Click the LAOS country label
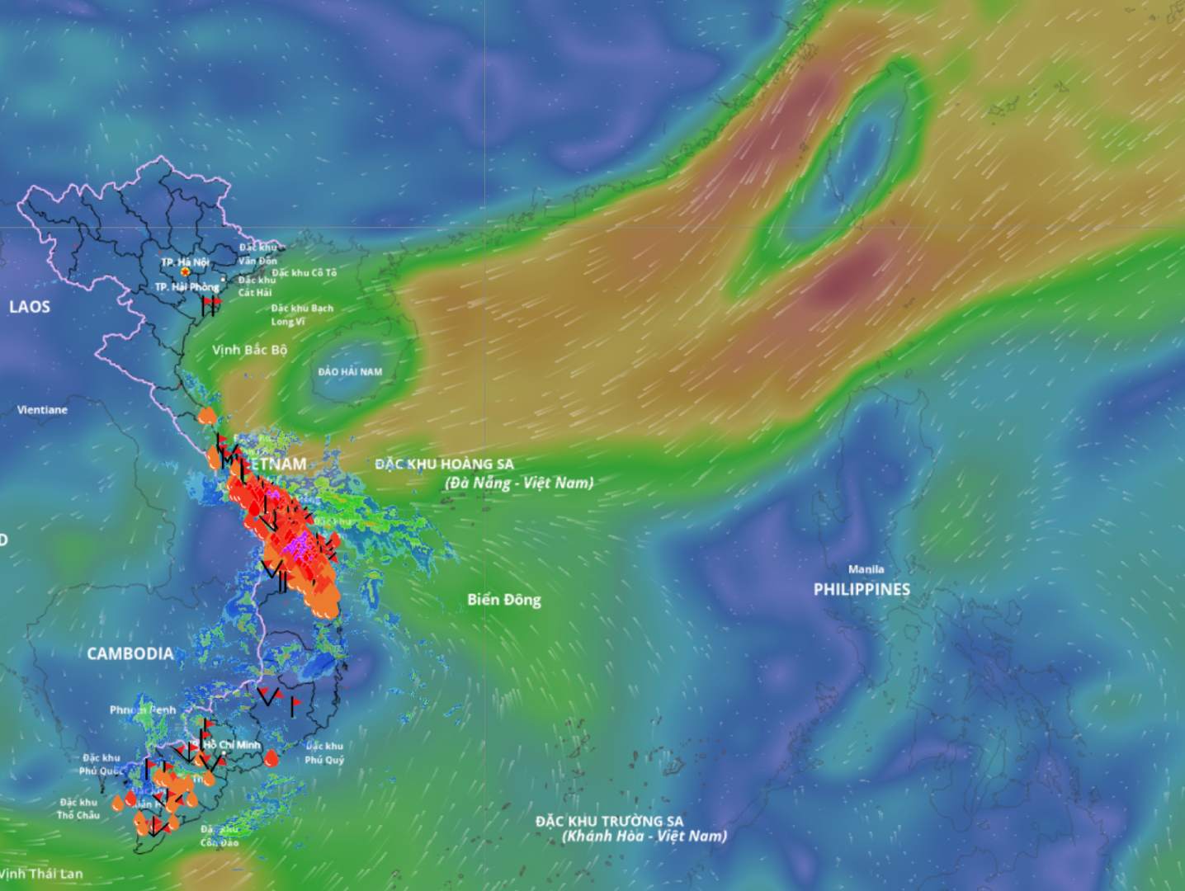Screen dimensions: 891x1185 tap(30, 307)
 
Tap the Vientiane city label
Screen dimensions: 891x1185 tap(42, 409)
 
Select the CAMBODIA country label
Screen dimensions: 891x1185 tap(130, 653)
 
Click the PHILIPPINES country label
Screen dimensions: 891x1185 tap(862, 589)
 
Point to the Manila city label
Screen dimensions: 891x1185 tap(866, 569)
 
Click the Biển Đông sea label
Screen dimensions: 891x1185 tap(504, 600)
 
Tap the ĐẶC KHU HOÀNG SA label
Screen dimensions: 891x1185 tap(444, 464)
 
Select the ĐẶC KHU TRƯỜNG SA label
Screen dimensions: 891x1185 tap(609, 821)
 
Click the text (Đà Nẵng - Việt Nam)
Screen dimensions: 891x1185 tap(519, 483)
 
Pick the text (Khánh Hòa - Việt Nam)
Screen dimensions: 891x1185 tap(644, 837)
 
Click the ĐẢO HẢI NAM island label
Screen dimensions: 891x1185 tap(350, 372)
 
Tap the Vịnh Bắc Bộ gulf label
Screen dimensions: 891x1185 tap(249, 350)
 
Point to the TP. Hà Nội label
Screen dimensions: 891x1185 tap(185, 262)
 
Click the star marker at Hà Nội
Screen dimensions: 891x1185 tap(186, 271)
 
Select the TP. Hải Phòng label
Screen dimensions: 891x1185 tap(186, 286)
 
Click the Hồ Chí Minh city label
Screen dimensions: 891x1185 tap(232, 745)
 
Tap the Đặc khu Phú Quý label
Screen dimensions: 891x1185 tap(323, 753)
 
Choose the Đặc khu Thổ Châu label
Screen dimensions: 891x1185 tap(78, 808)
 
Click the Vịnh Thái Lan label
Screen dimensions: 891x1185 tap(41, 874)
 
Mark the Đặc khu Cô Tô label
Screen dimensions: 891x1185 tap(305, 272)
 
